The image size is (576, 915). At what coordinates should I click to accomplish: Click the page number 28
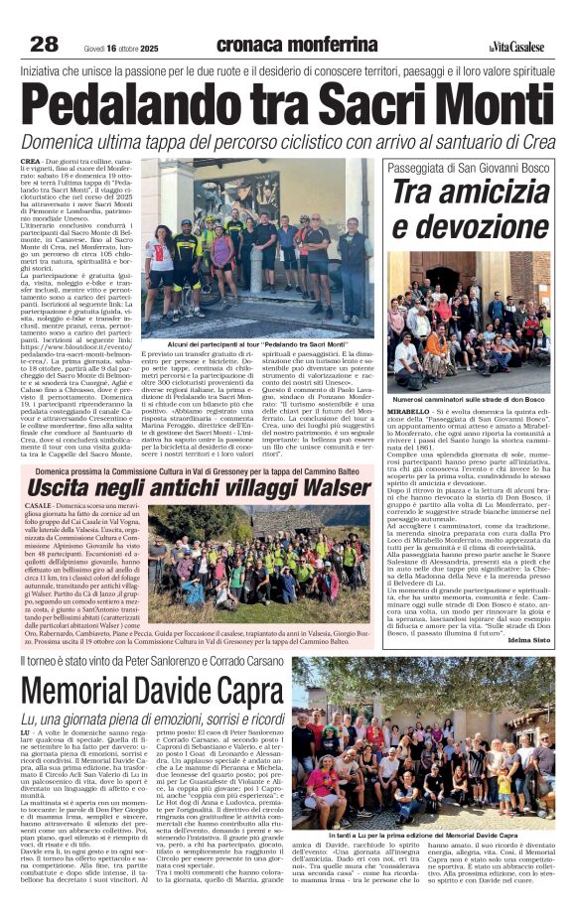click(x=45, y=44)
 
